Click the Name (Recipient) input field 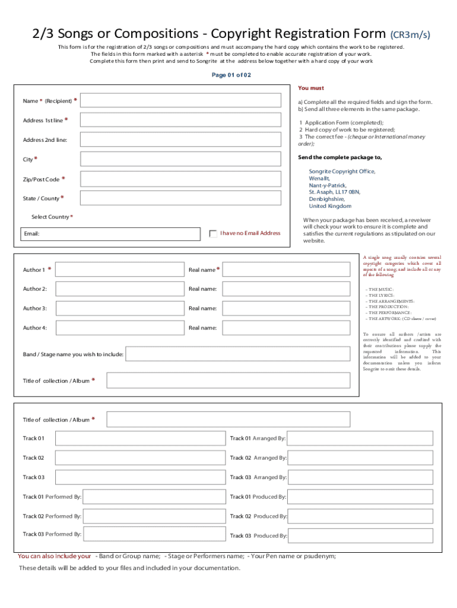(x=180, y=101)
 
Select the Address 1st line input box (x=180, y=120)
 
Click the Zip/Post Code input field (x=180, y=179)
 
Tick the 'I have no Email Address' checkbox (x=214, y=233)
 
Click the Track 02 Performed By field (x=153, y=516)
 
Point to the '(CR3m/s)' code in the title (x=410, y=34)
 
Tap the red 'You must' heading (x=311, y=88)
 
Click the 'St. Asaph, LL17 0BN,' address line (x=334, y=192)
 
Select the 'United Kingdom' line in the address (x=330, y=206)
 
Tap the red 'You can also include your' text (x=55, y=556)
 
